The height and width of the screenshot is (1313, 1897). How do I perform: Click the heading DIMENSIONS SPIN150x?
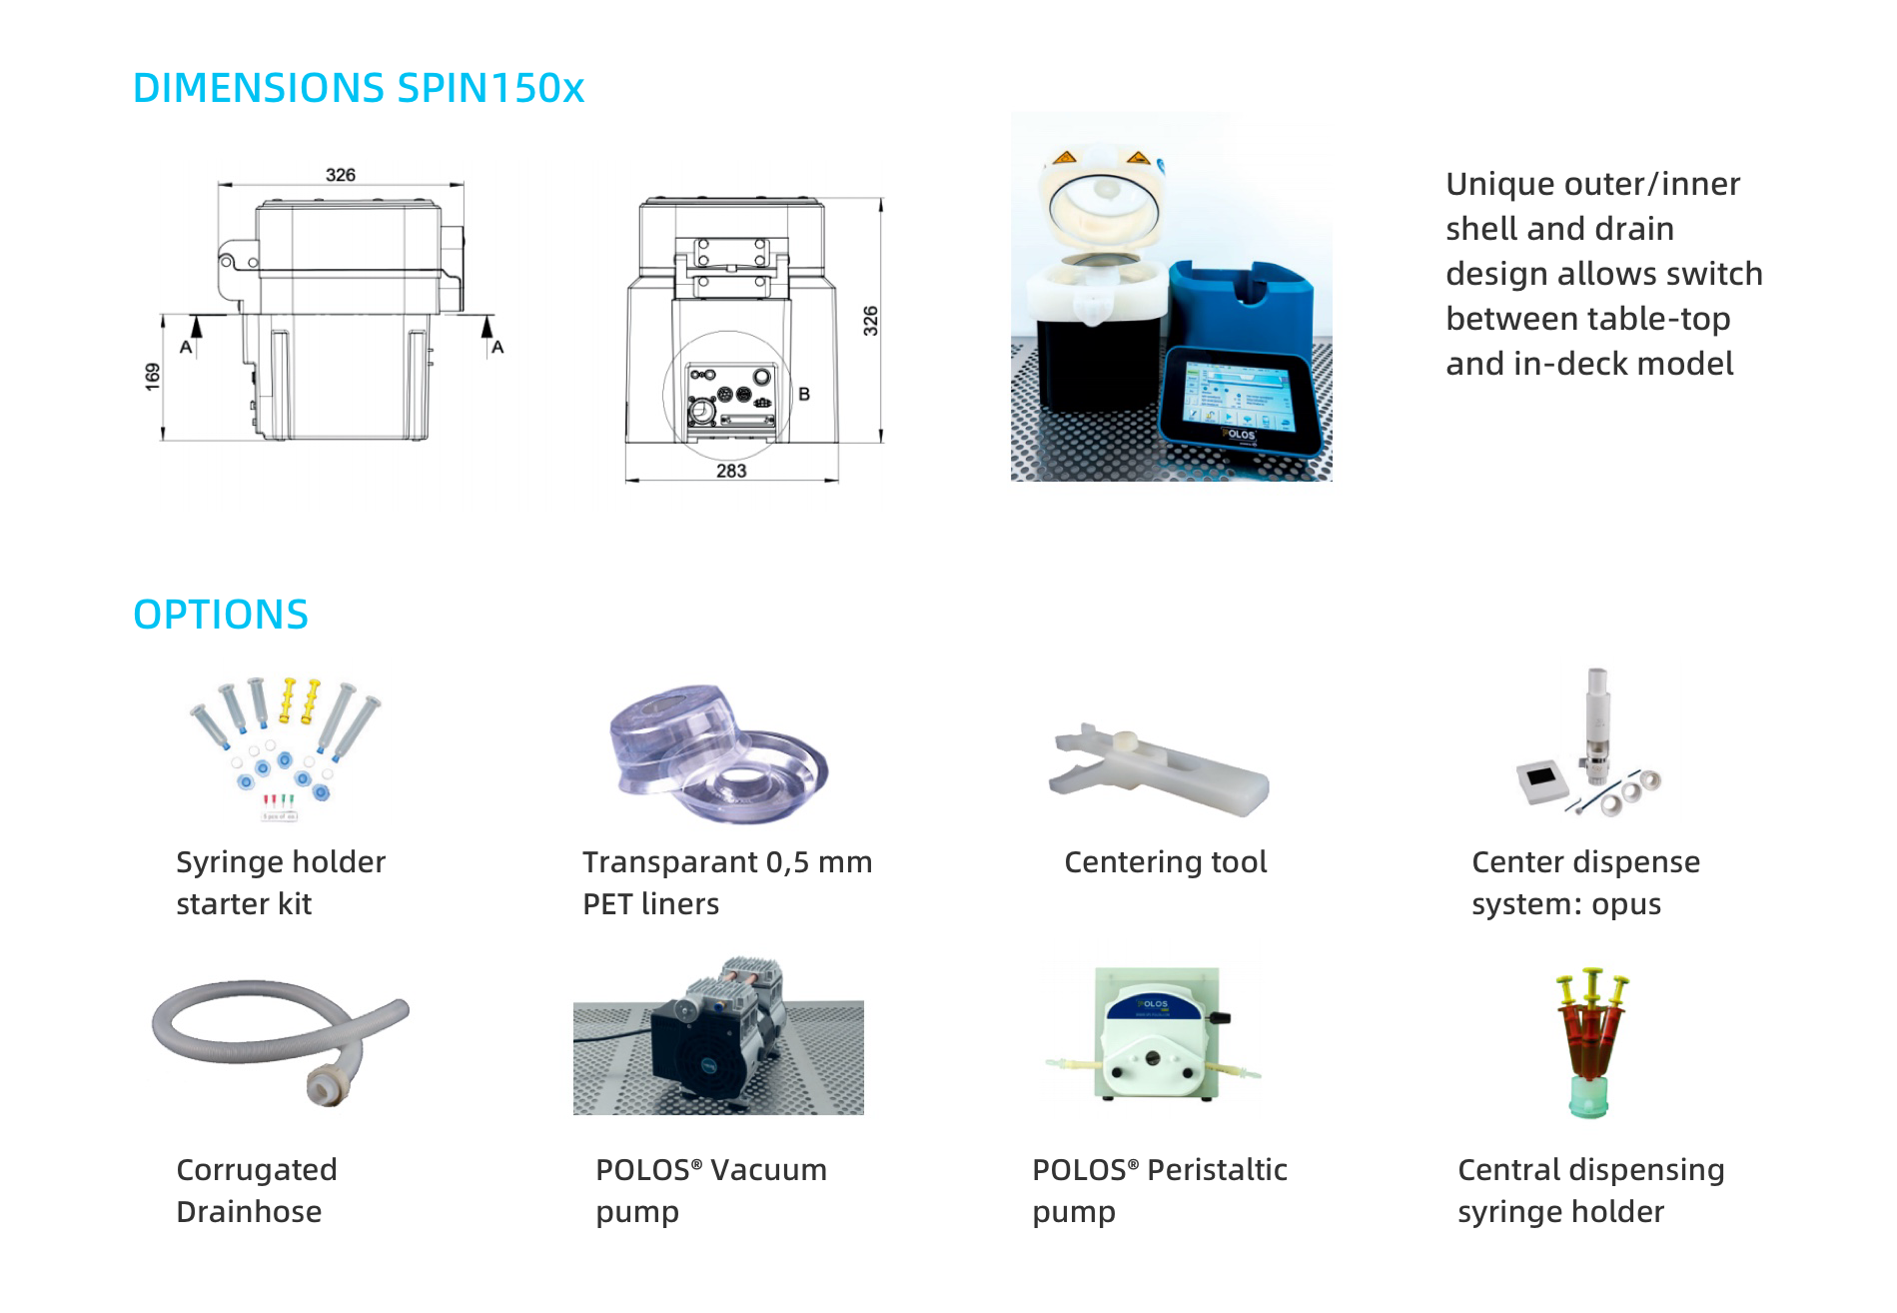coord(359,88)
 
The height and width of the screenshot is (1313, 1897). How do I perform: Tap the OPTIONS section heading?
coord(221,615)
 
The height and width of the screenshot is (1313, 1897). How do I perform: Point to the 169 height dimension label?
coord(152,376)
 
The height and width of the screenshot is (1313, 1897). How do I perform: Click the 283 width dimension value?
coord(731,471)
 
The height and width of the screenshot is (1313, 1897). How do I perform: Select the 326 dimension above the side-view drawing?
coord(341,175)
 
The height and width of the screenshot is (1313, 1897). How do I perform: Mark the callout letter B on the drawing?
coord(804,394)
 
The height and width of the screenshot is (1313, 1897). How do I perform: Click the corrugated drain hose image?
coord(281,1039)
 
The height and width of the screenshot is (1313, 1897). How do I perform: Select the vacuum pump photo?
coord(718,1036)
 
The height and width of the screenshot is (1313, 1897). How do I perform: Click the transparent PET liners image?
coord(718,754)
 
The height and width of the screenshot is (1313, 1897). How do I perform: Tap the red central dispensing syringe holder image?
coord(1591,1042)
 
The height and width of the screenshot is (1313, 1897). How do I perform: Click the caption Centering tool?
coord(1166,861)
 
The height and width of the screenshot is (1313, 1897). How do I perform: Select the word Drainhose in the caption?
coord(249,1211)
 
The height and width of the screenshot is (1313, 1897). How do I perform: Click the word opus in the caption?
coord(1626,904)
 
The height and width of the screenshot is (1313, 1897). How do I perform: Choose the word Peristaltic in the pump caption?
coord(1217,1169)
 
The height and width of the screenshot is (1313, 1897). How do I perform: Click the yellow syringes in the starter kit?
coord(300,698)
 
